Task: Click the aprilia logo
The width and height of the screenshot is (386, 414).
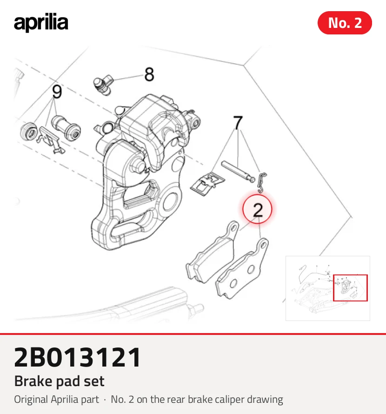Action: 41,22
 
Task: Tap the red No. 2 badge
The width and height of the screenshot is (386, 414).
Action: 345,23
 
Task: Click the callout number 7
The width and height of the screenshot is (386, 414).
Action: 238,123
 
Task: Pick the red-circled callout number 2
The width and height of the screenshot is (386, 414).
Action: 258,209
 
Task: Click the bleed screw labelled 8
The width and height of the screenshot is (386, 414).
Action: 103,84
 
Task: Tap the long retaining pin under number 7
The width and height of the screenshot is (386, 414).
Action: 238,172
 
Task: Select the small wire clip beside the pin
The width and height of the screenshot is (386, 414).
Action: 262,182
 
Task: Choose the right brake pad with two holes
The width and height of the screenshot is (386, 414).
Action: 242,269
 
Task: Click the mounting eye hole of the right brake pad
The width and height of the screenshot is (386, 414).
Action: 263,246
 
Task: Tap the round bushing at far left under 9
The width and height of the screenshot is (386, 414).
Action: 29,132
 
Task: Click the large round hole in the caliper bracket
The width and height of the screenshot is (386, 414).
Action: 171,202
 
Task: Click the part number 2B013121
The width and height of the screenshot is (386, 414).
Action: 77,357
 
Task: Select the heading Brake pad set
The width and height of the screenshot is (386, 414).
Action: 60,381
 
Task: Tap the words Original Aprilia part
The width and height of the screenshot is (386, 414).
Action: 56,400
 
